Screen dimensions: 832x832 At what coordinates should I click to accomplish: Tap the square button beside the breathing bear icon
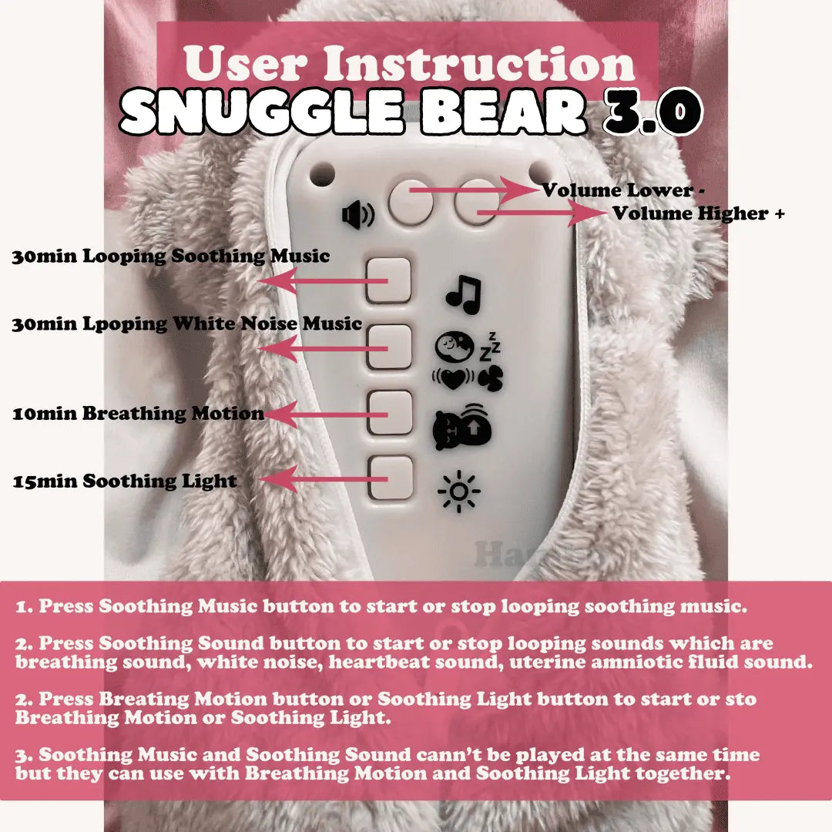(x=389, y=413)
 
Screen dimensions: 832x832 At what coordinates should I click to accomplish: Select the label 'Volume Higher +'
(x=698, y=213)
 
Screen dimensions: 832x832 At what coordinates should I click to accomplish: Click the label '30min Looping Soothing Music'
(x=170, y=257)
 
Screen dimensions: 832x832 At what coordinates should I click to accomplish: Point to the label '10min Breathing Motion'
(x=138, y=414)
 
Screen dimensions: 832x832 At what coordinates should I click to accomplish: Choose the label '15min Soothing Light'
(x=125, y=481)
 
